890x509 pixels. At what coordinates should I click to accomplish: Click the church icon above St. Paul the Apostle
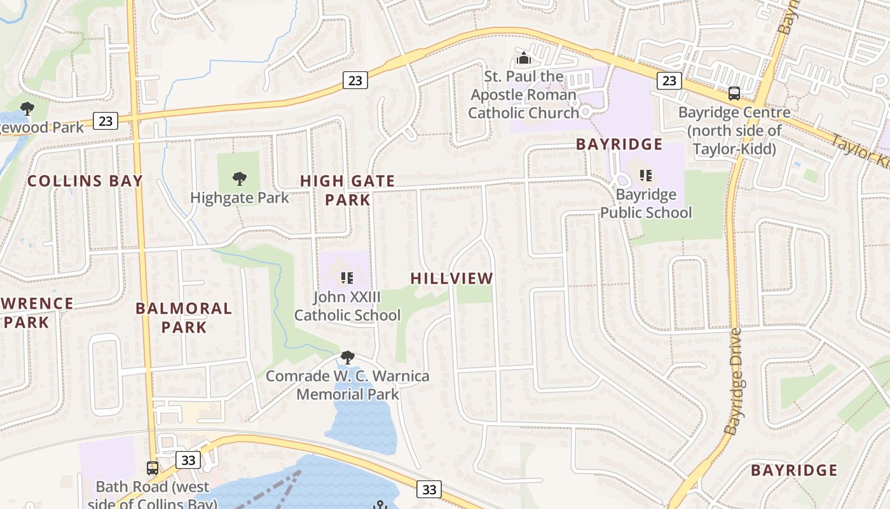[x=523, y=59]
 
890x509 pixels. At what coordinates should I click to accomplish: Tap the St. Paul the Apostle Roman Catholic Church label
[x=523, y=95]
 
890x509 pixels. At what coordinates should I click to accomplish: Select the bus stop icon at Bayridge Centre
[x=734, y=94]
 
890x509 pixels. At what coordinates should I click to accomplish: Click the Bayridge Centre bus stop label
[x=734, y=130]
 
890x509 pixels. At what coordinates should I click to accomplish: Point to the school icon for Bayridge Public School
[x=646, y=176]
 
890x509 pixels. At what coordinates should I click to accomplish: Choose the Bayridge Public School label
[x=646, y=204]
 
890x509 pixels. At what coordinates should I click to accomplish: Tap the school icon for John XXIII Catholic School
[x=347, y=277]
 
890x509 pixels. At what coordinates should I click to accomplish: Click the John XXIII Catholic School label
[x=347, y=306]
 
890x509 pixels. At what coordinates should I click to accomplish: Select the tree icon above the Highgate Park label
[x=239, y=179]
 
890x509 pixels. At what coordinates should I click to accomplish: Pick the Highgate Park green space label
[x=239, y=198]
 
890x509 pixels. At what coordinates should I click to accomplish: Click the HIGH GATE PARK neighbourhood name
[x=347, y=190]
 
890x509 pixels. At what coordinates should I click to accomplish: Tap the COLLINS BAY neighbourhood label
[x=85, y=181]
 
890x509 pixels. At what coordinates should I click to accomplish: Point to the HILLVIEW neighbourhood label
[x=451, y=278]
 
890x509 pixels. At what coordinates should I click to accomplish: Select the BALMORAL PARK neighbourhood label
[x=184, y=318]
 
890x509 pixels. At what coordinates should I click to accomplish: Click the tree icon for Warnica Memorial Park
[x=347, y=358]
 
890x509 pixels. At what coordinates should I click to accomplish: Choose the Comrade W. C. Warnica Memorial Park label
[x=347, y=385]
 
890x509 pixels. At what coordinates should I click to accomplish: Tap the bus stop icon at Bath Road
[x=153, y=468]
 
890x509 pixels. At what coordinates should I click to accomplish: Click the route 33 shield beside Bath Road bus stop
[x=188, y=460]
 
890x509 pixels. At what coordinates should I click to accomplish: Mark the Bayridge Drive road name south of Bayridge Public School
[x=733, y=382]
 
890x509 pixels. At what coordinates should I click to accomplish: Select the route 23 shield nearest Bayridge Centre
[x=669, y=80]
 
